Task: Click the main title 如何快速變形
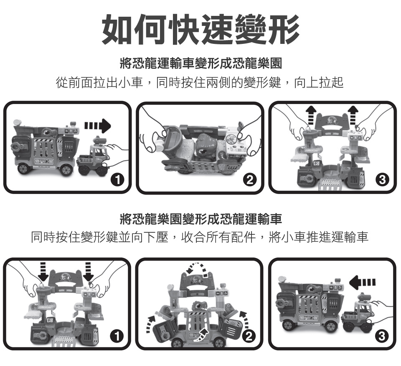click(x=200, y=29)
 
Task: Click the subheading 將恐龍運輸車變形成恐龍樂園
click(x=201, y=63)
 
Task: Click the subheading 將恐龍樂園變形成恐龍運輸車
click(x=201, y=219)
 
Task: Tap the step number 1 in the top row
click(x=117, y=180)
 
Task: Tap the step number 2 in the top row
click(x=250, y=180)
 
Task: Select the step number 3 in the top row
click(x=382, y=180)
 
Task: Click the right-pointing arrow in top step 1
click(x=98, y=126)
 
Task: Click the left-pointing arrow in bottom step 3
click(x=363, y=282)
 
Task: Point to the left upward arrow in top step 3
click(x=311, y=115)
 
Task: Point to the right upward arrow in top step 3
click(x=353, y=115)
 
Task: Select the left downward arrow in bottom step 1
click(x=43, y=272)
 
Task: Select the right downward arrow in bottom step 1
click(x=89, y=272)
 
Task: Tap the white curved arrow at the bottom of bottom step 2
click(x=200, y=335)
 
